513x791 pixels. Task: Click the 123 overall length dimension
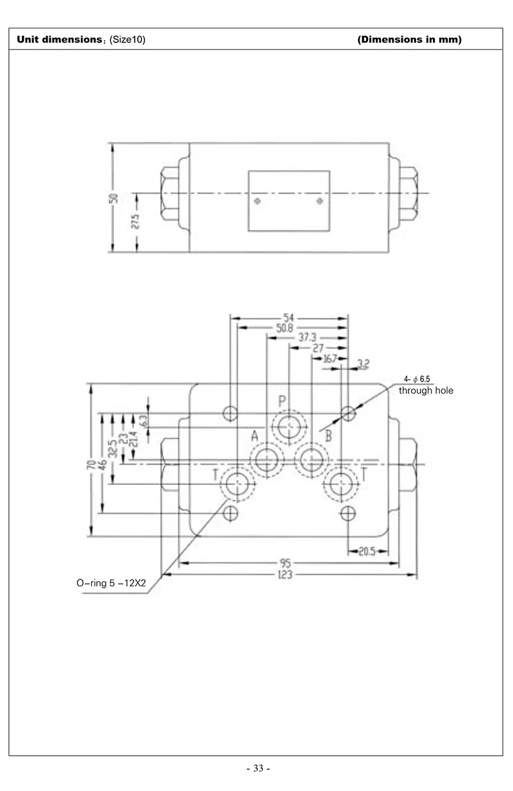click(x=285, y=575)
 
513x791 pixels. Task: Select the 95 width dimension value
click(x=285, y=564)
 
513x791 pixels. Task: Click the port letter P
click(x=282, y=401)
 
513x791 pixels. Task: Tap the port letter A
click(x=255, y=437)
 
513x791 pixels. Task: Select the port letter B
click(x=328, y=437)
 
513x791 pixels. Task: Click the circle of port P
click(x=289, y=425)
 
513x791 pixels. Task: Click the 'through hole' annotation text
click(x=426, y=390)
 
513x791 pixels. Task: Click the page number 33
click(x=258, y=769)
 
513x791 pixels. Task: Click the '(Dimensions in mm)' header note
click(x=409, y=40)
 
